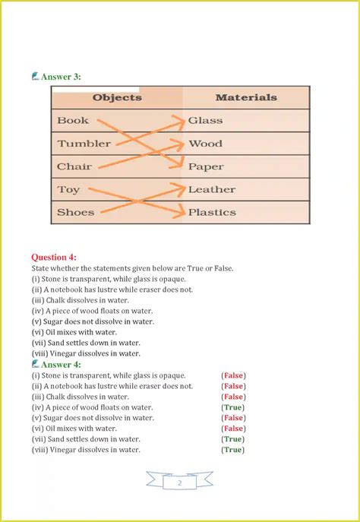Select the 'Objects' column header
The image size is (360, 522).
(x=117, y=97)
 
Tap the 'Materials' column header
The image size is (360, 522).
(x=245, y=97)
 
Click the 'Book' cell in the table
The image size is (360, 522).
(x=73, y=120)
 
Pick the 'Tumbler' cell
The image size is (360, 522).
(x=84, y=143)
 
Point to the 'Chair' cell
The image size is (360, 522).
(x=74, y=166)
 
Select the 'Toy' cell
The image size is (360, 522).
(x=68, y=189)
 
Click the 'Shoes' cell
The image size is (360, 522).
(x=75, y=212)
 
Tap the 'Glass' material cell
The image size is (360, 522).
(x=205, y=120)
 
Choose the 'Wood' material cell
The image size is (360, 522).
(x=205, y=143)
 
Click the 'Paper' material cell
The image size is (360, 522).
(x=206, y=166)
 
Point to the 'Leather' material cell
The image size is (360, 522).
(x=212, y=189)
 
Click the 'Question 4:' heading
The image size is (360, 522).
(x=54, y=257)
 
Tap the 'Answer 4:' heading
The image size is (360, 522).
(x=60, y=364)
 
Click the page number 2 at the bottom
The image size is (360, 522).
(x=179, y=482)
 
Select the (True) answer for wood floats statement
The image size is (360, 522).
(x=232, y=407)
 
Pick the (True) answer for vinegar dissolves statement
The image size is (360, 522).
(x=232, y=450)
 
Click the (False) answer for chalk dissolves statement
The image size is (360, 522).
(x=233, y=397)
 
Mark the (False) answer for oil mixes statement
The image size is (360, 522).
(x=233, y=429)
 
